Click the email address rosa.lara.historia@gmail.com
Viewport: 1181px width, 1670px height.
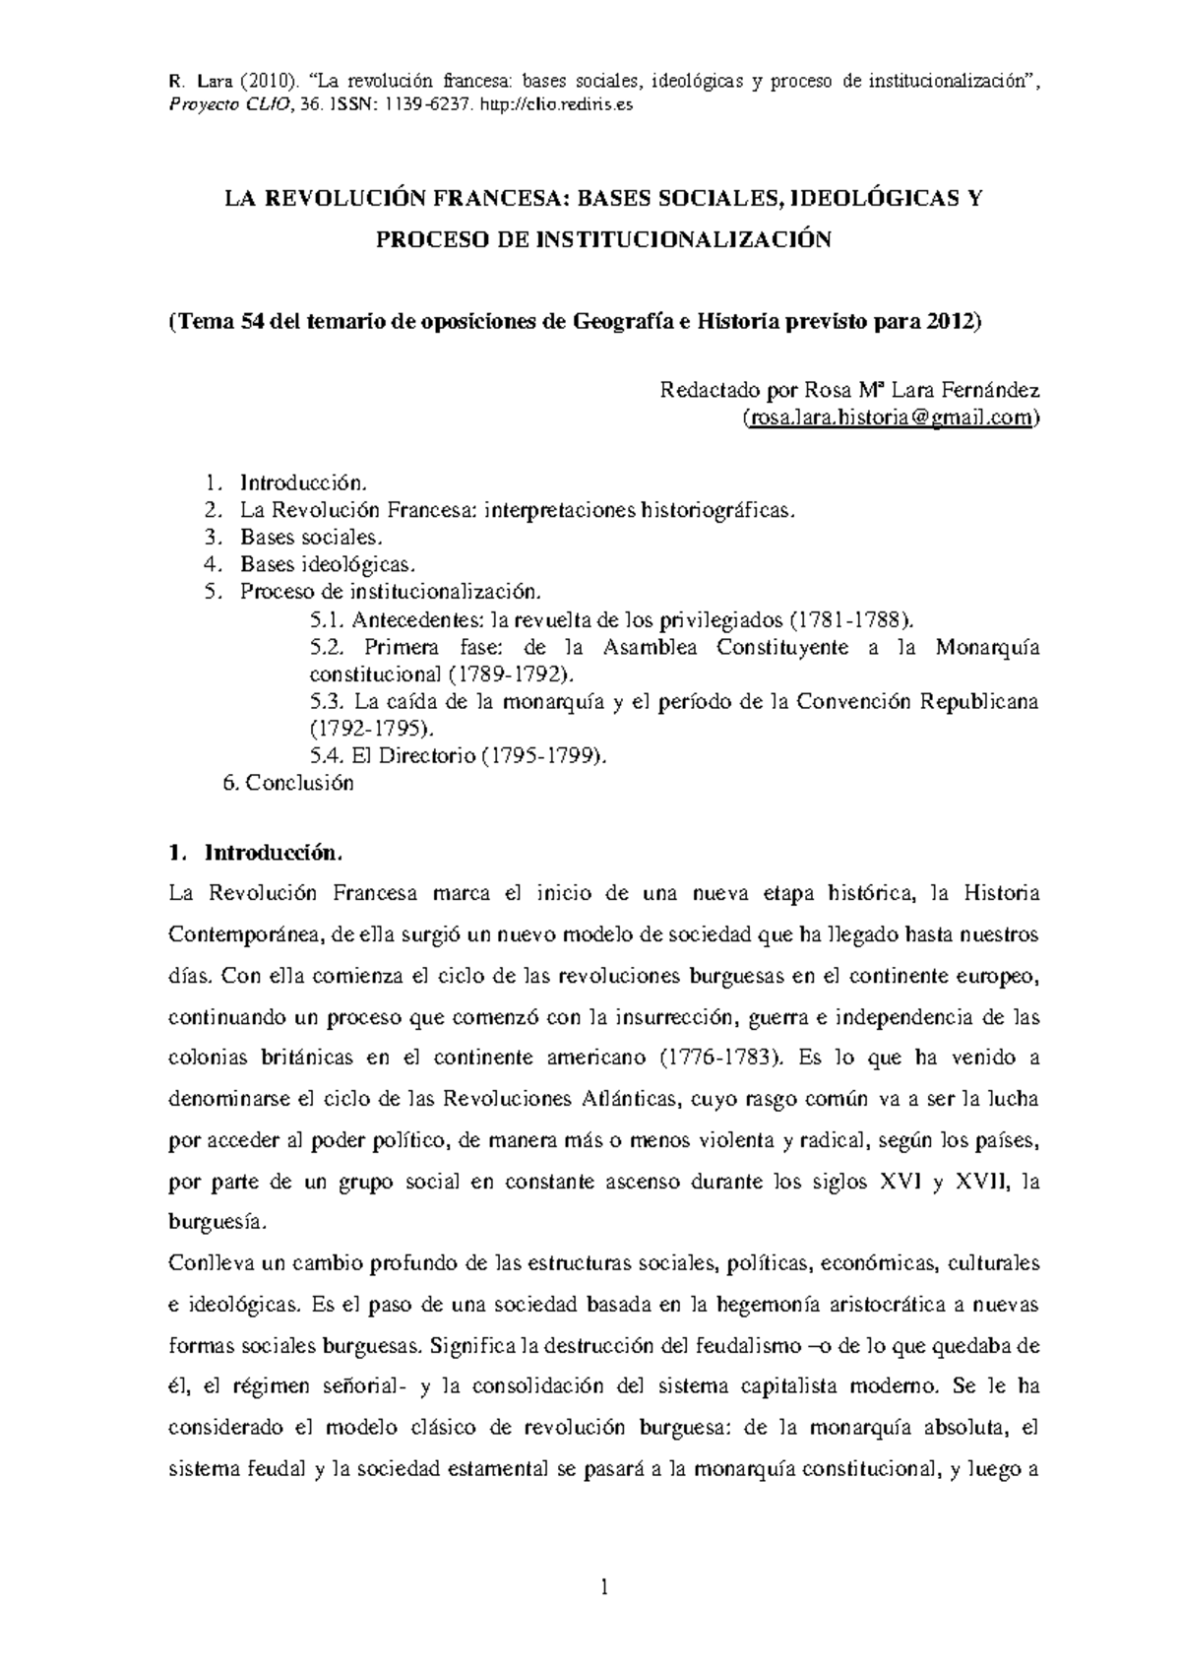(x=889, y=417)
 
